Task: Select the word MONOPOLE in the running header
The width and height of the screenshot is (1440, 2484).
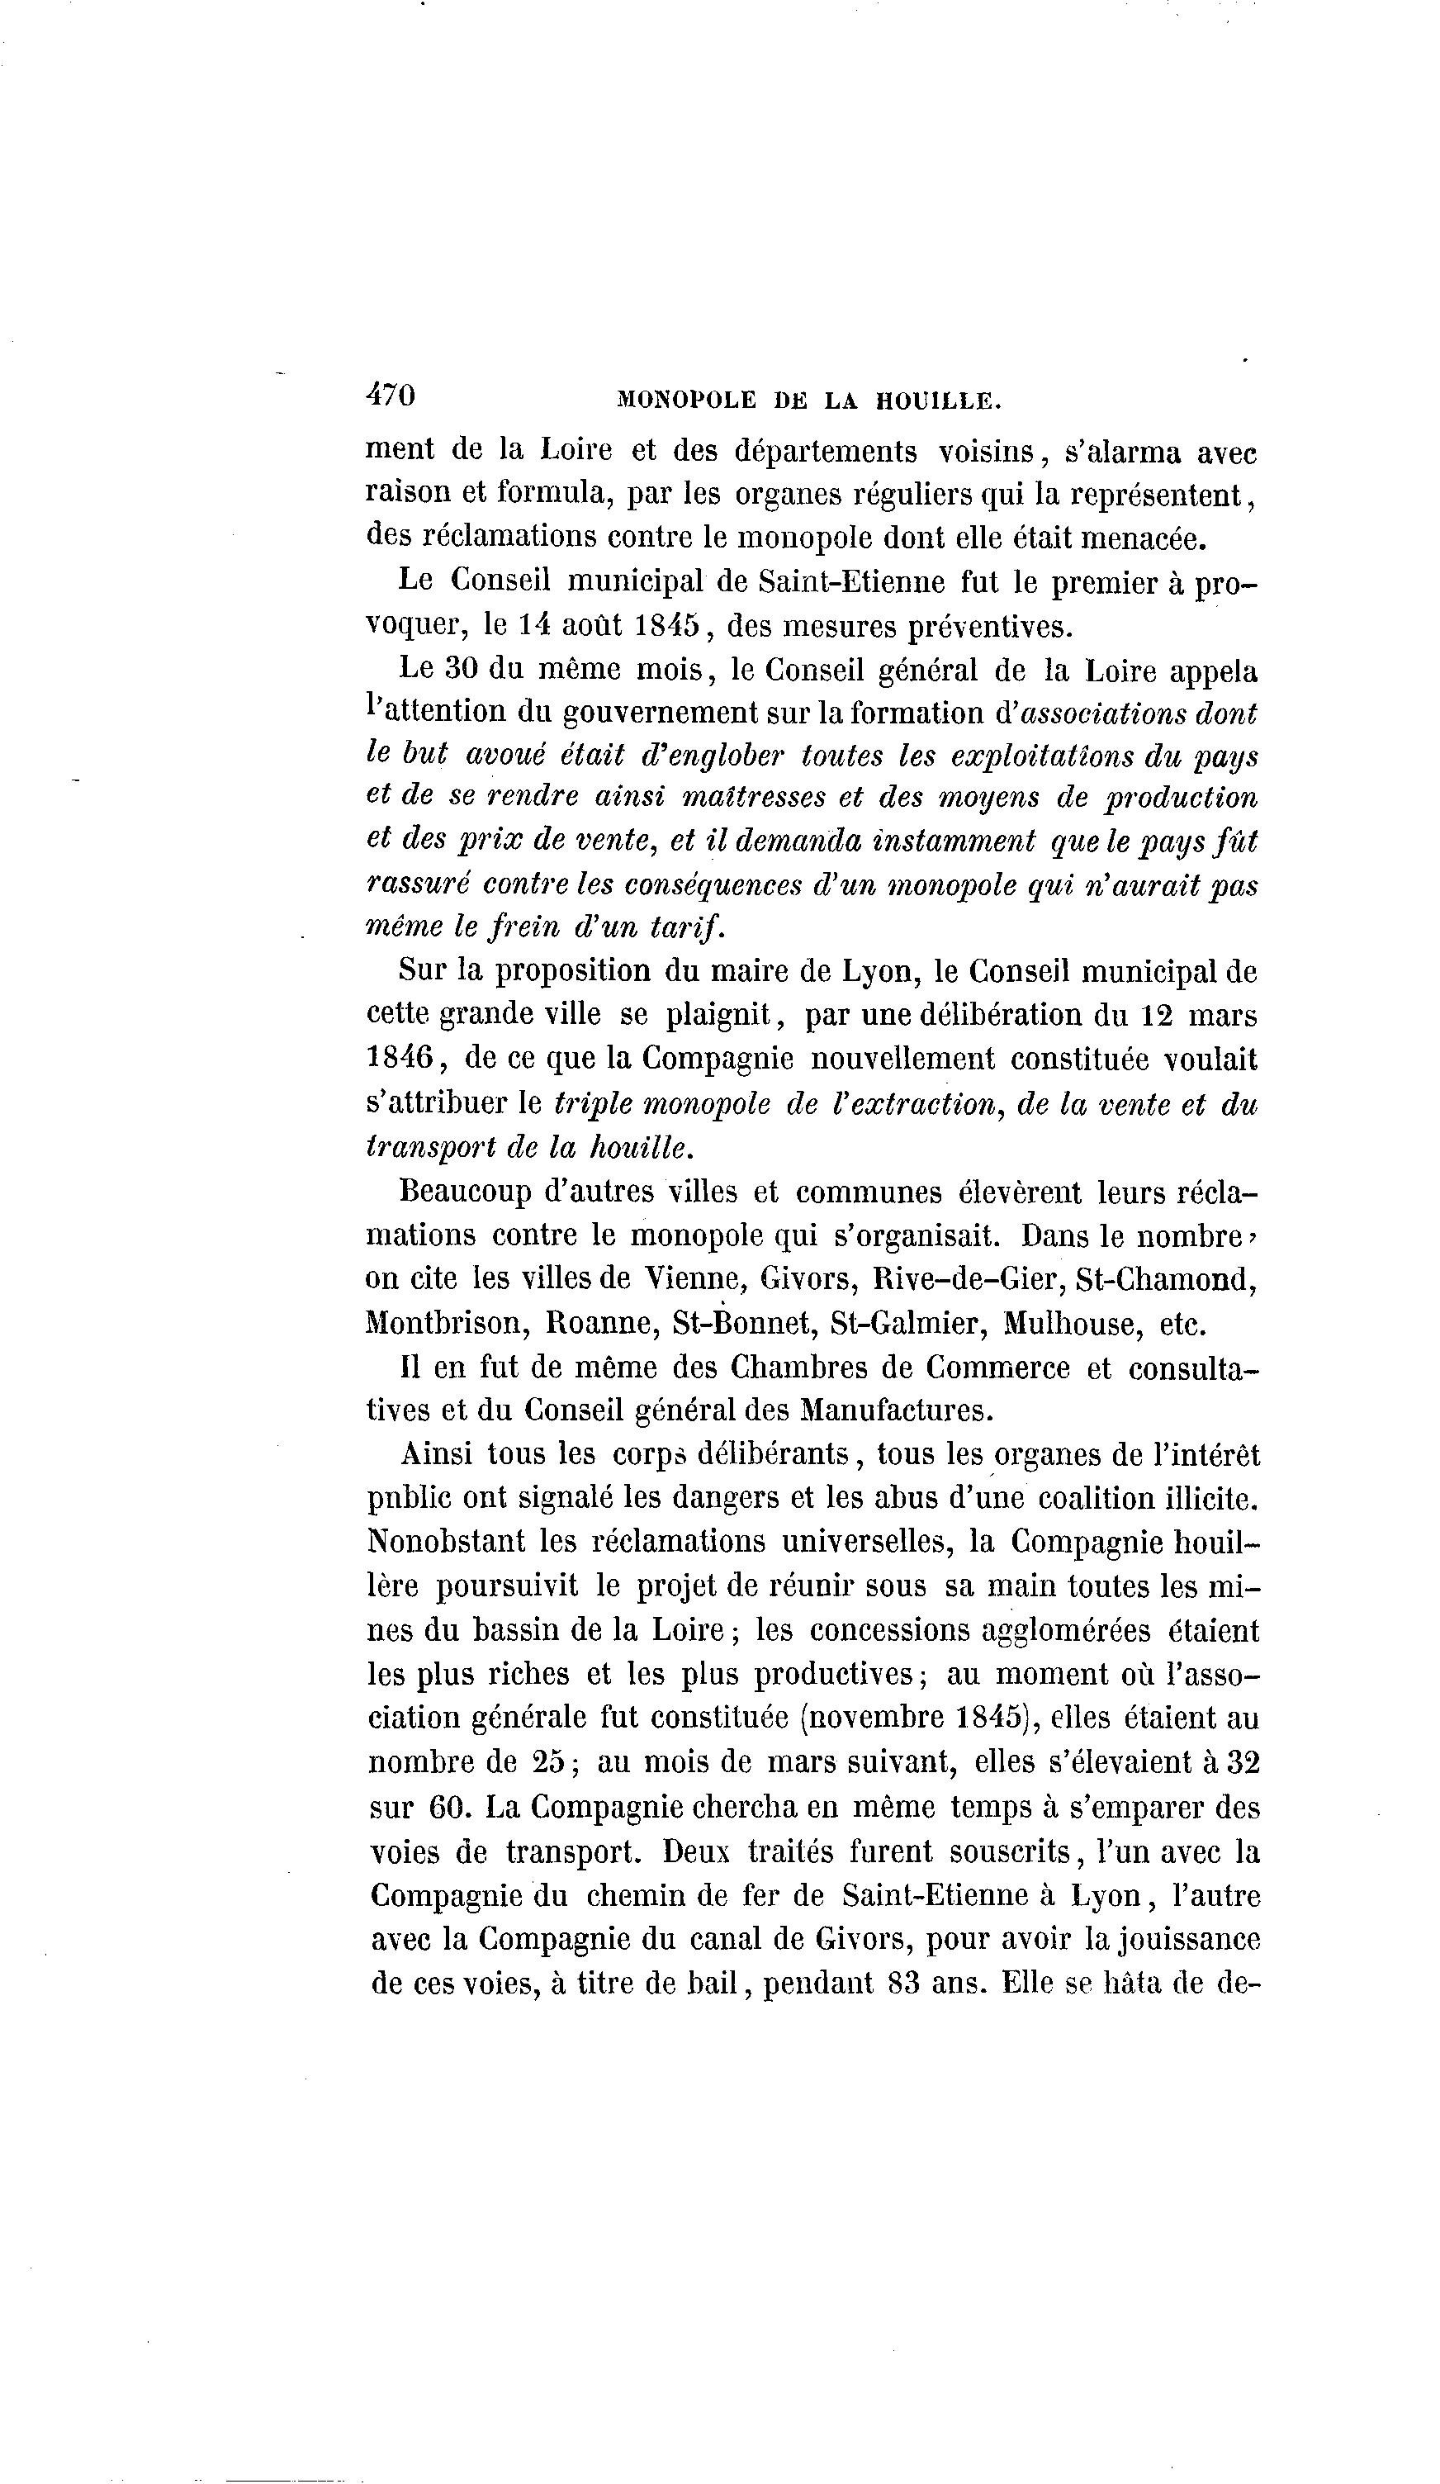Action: tap(686, 401)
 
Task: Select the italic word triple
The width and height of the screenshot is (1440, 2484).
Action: tap(592, 1104)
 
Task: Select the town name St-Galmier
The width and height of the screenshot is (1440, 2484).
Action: tap(907, 1323)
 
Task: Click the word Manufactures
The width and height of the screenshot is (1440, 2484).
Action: tap(896, 1410)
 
